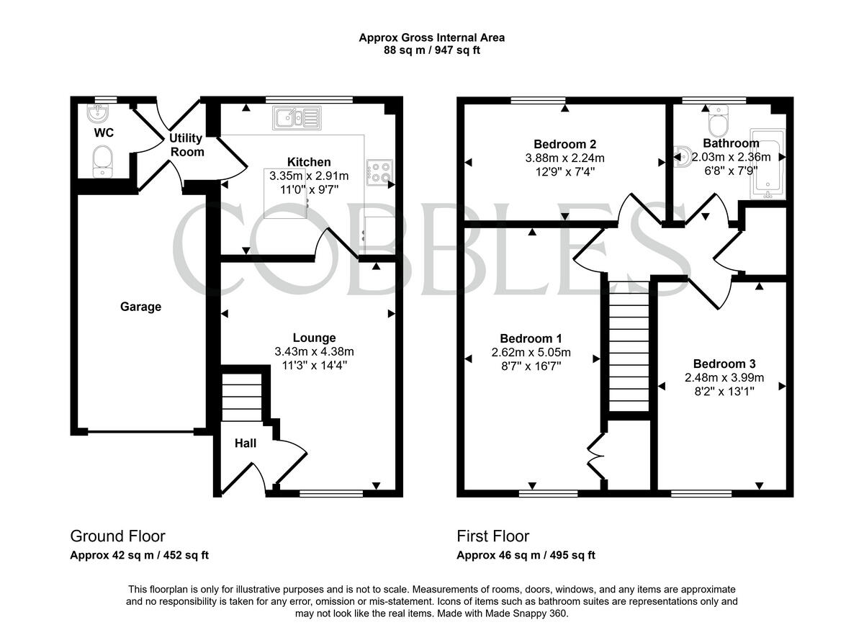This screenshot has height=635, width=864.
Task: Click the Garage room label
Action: [x=140, y=307]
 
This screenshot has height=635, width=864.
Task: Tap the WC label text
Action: [x=104, y=133]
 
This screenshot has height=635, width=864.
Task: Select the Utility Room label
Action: [x=186, y=145]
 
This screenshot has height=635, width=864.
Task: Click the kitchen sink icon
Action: [x=297, y=117]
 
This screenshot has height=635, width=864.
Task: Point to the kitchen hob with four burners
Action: [x=379, y=171]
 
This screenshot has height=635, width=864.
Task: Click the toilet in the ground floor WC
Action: [x=104, y=160]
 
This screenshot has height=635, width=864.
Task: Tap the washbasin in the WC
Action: [x=96, y=112]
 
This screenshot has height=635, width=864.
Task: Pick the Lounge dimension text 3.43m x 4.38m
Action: [x=314, y=351]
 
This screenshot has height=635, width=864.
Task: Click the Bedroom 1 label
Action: [x=531, y=338]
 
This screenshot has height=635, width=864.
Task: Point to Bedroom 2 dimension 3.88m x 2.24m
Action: [x=564, y=158]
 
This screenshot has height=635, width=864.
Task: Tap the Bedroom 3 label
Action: [x=724, y=364]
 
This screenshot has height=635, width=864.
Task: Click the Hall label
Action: [x=245, y=443]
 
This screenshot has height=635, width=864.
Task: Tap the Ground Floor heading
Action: [x=117, y=536]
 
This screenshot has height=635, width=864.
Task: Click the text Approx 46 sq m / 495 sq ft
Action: [x=526, y=555]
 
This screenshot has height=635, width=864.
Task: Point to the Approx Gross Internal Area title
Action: [x=431, y=37]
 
